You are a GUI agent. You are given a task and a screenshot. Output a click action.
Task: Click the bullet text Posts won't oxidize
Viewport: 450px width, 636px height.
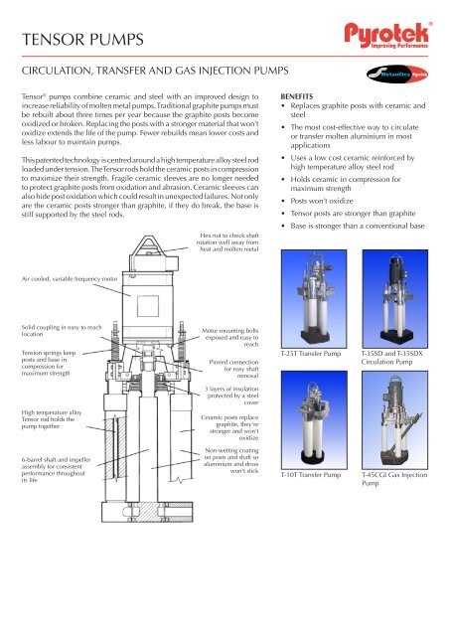click(334, 211)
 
